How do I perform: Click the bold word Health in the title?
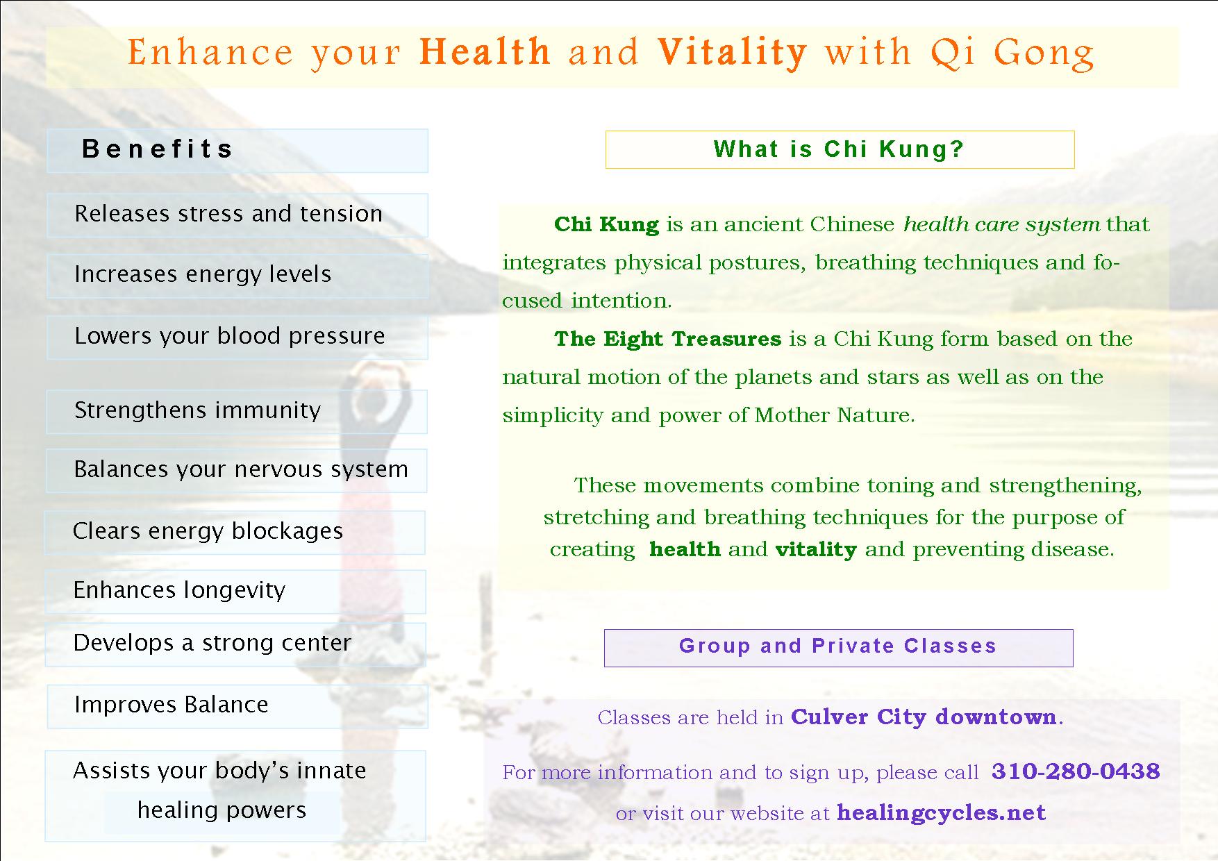pyautogui.click(x=485, y=52)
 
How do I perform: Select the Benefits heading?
pyautogui.click(x=157, y=149)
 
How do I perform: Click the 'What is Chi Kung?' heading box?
pyautogui.click(x=840, y=149)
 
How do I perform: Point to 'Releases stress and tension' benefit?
pyautogui.click(x=228, y=214)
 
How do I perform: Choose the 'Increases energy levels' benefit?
pyautogui.click(x=203, y=275)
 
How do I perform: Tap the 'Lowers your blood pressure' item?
pyautogui.click(x=229, y=337)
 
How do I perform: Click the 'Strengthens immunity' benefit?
pyautogui.click(x=197, y=410)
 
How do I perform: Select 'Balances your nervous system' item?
pyautogui.click(x=241, y=470)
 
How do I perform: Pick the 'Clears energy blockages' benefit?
pyautogui.click(x=208, y=532)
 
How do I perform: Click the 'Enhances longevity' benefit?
pyautogui.click(x=179, y=591)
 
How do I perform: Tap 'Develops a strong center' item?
pyautogui.click(x=212, y=644)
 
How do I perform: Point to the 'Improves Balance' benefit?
pyautogui.click(x=171, y=705)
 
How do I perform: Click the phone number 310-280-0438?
pyautogui.click(x=1076, y=771)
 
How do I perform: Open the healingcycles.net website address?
pyautogui.click(x=941, y=812)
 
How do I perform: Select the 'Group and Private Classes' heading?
pyautogui.click(x=838, y=646)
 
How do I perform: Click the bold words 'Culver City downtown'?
pyautogui.click(x=924, y=717)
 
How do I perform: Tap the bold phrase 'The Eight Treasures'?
pyautogui.click(x=668, y=339)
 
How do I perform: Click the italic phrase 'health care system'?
pyautogui.click(x=1002, y=225)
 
